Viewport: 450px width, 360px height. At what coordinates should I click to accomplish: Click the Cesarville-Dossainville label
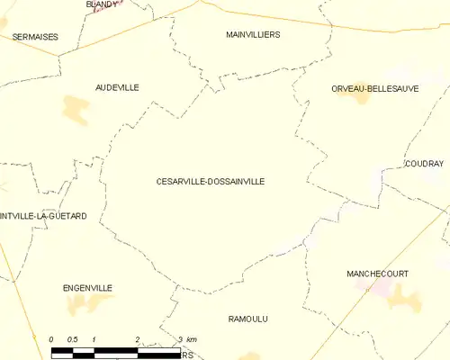[211, 181]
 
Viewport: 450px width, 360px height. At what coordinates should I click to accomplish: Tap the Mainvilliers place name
[253, 34]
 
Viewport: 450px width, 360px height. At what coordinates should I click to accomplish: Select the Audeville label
[117, 87]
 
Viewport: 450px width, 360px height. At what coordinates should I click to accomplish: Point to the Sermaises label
[35, 37]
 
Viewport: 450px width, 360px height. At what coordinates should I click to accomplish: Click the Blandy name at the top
[102, 4]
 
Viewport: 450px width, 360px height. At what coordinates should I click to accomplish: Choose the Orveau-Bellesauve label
[374, 88]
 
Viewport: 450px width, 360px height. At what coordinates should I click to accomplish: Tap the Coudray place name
[424, 164]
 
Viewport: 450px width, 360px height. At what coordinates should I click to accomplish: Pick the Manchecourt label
[377, 273]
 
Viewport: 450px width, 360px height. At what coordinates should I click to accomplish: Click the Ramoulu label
[248, 319]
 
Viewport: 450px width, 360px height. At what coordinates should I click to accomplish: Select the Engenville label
[87, 288]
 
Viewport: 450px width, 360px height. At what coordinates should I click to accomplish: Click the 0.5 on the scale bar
[73, 338]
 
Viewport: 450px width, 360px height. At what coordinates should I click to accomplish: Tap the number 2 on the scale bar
[138, 338]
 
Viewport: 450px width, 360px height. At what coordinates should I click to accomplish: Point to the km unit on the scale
[192, 338]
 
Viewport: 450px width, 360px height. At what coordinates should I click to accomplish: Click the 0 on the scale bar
[51, 338]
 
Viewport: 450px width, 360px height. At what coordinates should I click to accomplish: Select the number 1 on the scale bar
[94, 338]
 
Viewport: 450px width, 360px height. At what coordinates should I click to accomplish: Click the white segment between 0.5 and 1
[84, 349]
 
